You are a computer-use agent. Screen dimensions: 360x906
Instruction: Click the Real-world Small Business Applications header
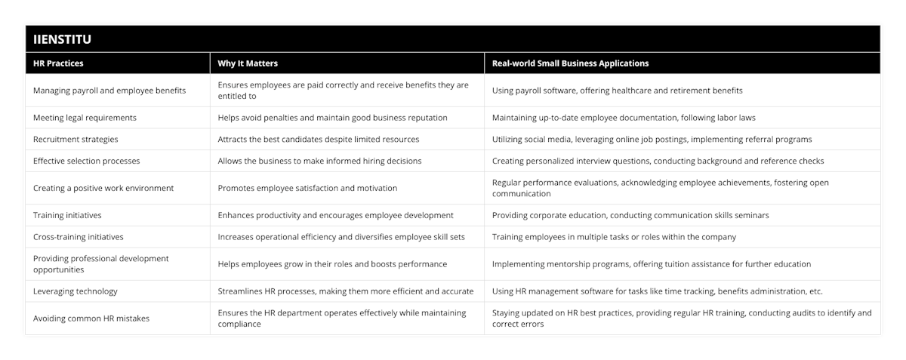[x=570, y=63]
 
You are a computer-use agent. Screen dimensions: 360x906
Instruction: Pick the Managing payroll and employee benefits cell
[x=110, y=91]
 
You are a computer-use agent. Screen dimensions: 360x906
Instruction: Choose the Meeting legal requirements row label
[x=85, y=118]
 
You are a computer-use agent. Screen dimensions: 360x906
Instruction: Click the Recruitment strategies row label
[x=75, y=140]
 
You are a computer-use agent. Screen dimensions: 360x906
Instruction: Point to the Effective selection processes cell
[x=87, y=161]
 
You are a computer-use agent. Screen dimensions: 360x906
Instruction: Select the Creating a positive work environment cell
[x=103, y=188]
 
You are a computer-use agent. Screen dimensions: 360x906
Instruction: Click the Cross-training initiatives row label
[x=78, y=237]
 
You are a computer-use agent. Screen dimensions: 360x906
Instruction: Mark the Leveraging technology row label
[x=75, y=291]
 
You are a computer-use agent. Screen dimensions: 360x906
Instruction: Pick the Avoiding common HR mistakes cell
[x=91, y=318]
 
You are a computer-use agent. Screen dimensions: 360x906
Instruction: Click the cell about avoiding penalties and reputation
[x=332, y=118]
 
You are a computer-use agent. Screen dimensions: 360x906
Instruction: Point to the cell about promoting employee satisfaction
[x=307, y=188]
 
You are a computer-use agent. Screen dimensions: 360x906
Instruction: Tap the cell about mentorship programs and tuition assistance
[x=651, y=264]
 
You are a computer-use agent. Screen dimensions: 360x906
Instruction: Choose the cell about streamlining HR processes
[x=345, y=291]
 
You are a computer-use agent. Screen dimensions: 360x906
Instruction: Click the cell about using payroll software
[x=617, y=91]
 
